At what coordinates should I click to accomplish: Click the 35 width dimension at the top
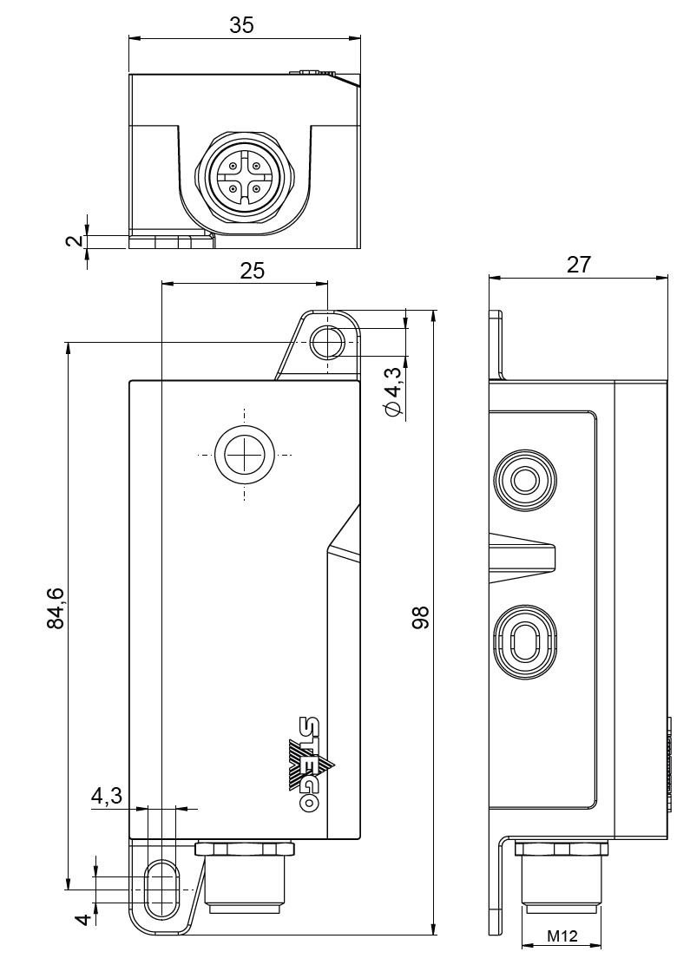(x=241, y=25)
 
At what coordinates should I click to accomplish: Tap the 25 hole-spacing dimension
(x=252, y=271)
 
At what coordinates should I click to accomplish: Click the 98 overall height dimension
(x=422, y=618)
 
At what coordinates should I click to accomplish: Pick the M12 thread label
(x=562, y=936)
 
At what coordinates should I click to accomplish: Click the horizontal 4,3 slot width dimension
(x=106, y=796)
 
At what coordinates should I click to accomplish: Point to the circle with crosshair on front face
(x=244, y=455)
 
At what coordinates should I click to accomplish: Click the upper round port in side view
(x=523, y=480)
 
